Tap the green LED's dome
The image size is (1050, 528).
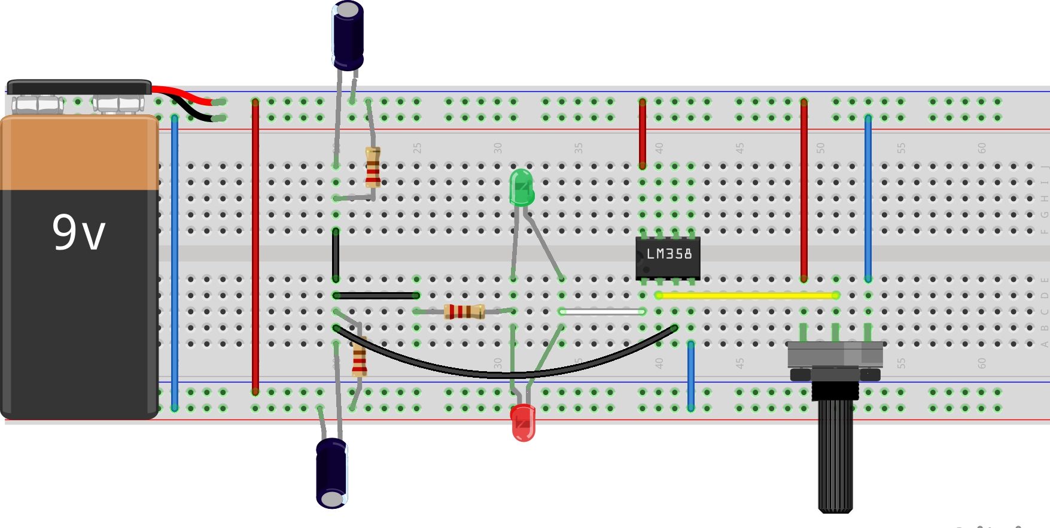pos(521,186)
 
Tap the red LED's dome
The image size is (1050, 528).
pos(523,422)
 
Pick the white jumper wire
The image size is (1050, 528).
pos(602,311)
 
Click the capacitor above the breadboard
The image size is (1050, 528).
pos(348,35)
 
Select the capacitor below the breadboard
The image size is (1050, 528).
pos(331,473)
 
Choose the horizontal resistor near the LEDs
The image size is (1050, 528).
pos(464,311)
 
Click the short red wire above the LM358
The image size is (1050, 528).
pos(643,133)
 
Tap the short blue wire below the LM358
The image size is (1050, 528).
pos(691,375)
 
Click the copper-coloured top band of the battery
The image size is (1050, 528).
pos(80,153)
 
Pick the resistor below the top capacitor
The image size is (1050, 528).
pos(373,167)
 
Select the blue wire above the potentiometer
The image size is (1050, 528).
pos(868,198)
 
